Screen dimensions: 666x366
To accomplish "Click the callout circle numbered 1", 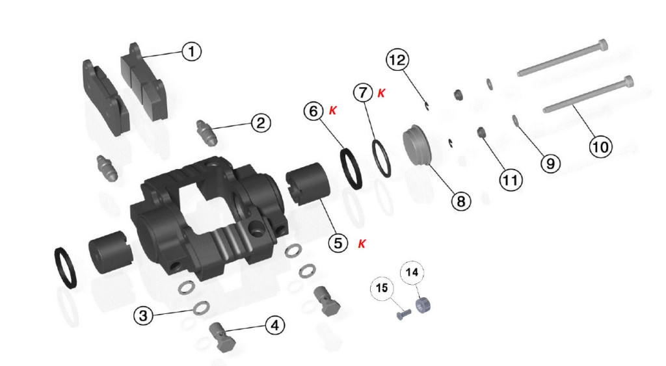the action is click(192, 51).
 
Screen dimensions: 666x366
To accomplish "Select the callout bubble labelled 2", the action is click(261, 123).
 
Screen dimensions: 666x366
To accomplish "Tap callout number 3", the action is click(143, 315).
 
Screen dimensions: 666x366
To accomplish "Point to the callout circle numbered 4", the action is click(275, 326).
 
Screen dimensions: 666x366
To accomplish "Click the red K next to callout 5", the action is click(362, 244).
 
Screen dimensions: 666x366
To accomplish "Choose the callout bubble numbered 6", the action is click(313, 111).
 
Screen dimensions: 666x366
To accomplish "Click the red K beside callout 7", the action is click(381, 93).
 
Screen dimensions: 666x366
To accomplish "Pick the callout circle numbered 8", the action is click(461, 201).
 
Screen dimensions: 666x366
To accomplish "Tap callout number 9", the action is click(550, 163).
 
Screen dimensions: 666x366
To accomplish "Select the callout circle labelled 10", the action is click(600, 148).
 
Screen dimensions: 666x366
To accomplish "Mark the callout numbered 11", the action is click(511, 180).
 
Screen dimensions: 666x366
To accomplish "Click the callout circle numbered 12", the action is click(397, 59).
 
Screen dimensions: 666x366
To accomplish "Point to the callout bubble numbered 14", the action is click(412, 272).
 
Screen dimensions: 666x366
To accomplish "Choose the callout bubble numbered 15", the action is click(382, 288).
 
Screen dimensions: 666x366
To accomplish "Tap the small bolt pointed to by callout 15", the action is click(403, 315).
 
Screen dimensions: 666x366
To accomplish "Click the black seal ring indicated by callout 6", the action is click(351, 168).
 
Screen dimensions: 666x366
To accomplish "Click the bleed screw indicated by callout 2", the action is click(207, 133).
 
